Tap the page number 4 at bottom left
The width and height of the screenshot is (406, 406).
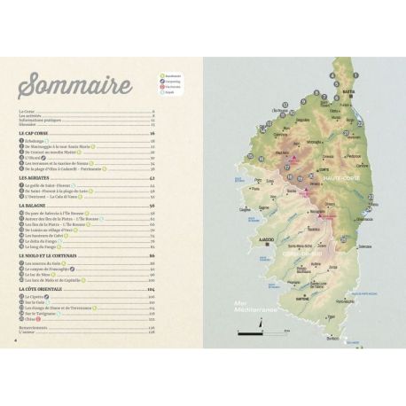tap(17, 336)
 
